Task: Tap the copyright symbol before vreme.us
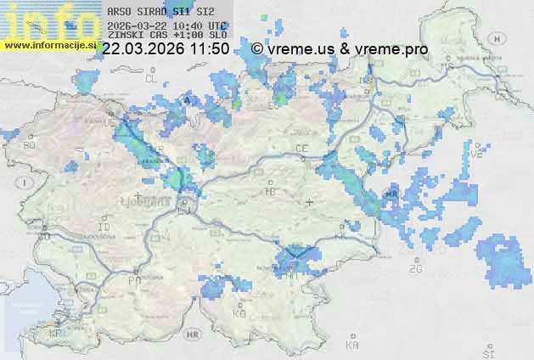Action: (257, 49)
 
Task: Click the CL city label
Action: (152, 78)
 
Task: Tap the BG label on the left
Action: (30, 145)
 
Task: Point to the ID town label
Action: (104, 228)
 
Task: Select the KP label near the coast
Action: (56, 333)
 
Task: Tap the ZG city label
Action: (415, 269)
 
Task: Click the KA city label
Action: (352, 345)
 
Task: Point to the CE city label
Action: (301, 148)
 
